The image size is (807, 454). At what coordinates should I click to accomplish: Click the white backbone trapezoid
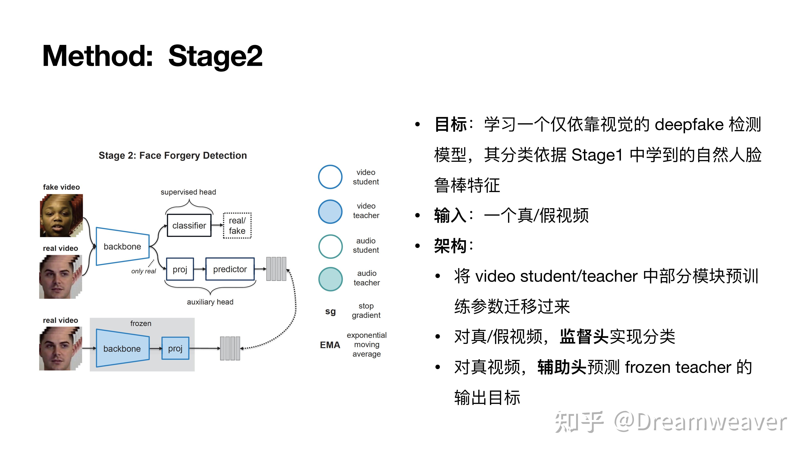pyautogui.click(x=122, y=247)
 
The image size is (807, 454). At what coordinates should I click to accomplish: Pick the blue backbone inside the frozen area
pyautogui.click(x=122, y=348)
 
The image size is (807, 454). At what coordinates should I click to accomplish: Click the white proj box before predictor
pyautogui.click(x=180, y=269)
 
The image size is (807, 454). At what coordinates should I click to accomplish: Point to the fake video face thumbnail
pyautogui.click(x=61, y=216)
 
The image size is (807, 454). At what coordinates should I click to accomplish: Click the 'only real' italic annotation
pyautogui.click(x=143, y=271)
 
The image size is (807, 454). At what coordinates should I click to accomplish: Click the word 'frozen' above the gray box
pyautogui.click(x=141, y=323)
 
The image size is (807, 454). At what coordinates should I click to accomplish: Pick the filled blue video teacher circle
pyautogui.click(x=330, y=212)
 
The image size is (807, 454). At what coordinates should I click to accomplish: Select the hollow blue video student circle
pyautogui.click(x=330, y=177)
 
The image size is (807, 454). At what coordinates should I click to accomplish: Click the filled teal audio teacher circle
pyautogui.click(x=330, y=279)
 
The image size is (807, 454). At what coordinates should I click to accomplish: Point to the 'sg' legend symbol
pyautogui.click(x=330, y=311)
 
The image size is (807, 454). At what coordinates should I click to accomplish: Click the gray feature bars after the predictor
pyautogui.click(x=276, y=269)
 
